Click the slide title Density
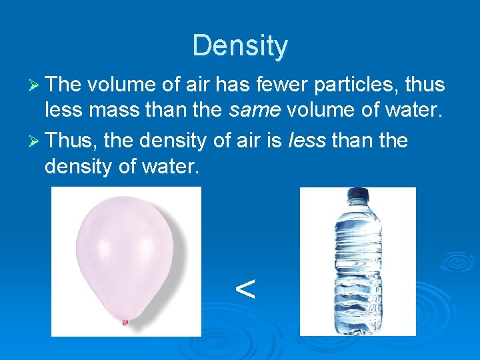click(240, 46)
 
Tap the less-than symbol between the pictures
click(245, 289)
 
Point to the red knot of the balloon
click(124, 323)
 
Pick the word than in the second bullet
click(353, 141)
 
